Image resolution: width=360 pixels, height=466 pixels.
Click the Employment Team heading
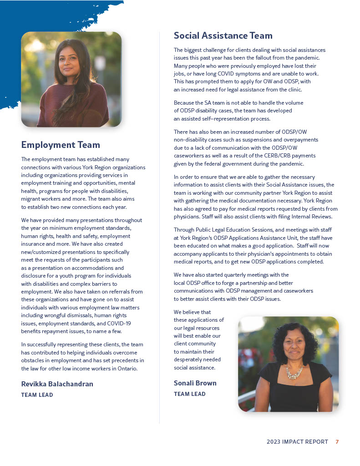click(x=61, y=145)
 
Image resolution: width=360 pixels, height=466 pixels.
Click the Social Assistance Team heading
click(x=223, y=35)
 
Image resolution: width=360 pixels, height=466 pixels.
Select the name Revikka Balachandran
click(x=57, y=384)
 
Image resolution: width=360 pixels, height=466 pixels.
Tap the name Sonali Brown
click(x=195, y=383)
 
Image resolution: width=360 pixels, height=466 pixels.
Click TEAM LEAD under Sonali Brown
click(x=189, y=394)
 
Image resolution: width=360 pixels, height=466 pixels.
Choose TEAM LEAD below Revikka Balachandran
click(x=37, y=395)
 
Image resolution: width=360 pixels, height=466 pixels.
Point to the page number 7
click(x=337, y=442)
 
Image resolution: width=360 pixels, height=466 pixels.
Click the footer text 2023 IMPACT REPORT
click(x=297, y=442)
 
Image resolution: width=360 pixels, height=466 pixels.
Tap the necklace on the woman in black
click(x=294, y=373)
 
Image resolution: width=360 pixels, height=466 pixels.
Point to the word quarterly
click(x=232, y=275)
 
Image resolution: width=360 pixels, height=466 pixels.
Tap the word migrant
click(x=31, y=199)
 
